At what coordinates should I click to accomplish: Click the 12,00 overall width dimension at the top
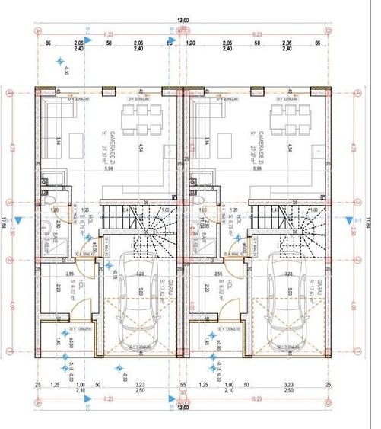pos(183,21)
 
